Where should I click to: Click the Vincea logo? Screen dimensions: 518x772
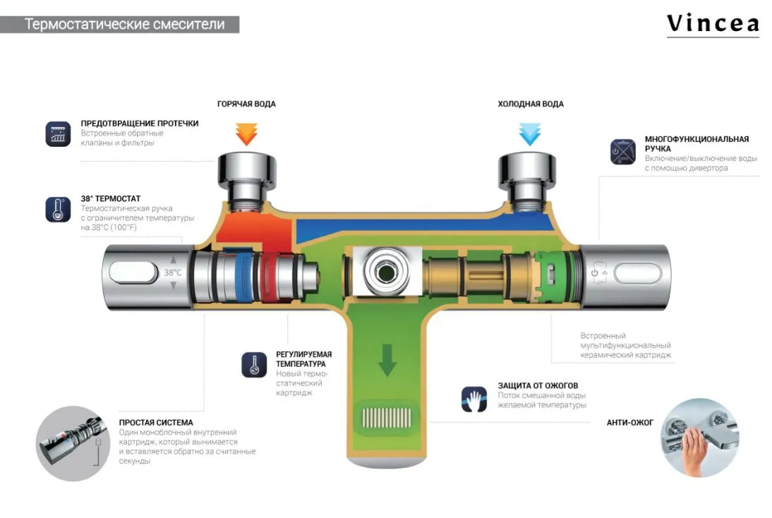pyautogui.click(x=713, y=24)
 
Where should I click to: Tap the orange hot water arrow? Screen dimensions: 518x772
pyautogui.click(x=246, y=133)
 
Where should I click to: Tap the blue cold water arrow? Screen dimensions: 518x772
pyautogui.click(x=529, y=133)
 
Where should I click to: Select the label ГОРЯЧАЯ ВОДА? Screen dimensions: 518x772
pyautogui.click(x=246, y=104)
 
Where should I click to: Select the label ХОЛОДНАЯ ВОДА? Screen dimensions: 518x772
pyautogui.click(x=530, y=104)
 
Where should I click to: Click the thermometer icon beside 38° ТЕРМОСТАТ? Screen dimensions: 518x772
pyautogui.click(x=58, y=210)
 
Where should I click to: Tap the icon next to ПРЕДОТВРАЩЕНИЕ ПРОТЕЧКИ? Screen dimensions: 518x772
pyautogui.click(x=58, y=134)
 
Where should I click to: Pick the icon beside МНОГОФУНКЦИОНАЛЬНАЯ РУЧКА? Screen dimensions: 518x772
pyautogui.click(x=623, y=152)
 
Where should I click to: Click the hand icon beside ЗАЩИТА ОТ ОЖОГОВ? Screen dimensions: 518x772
pyautogui.click(x=474, y=399)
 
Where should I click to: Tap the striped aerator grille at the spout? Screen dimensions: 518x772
pyautogui.click(x=386, y=416)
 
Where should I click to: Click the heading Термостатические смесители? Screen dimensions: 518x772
pyautogui.click(x=125, y=24)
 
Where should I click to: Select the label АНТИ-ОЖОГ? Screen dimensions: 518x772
pyautogui.click(x=630, y=423)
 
